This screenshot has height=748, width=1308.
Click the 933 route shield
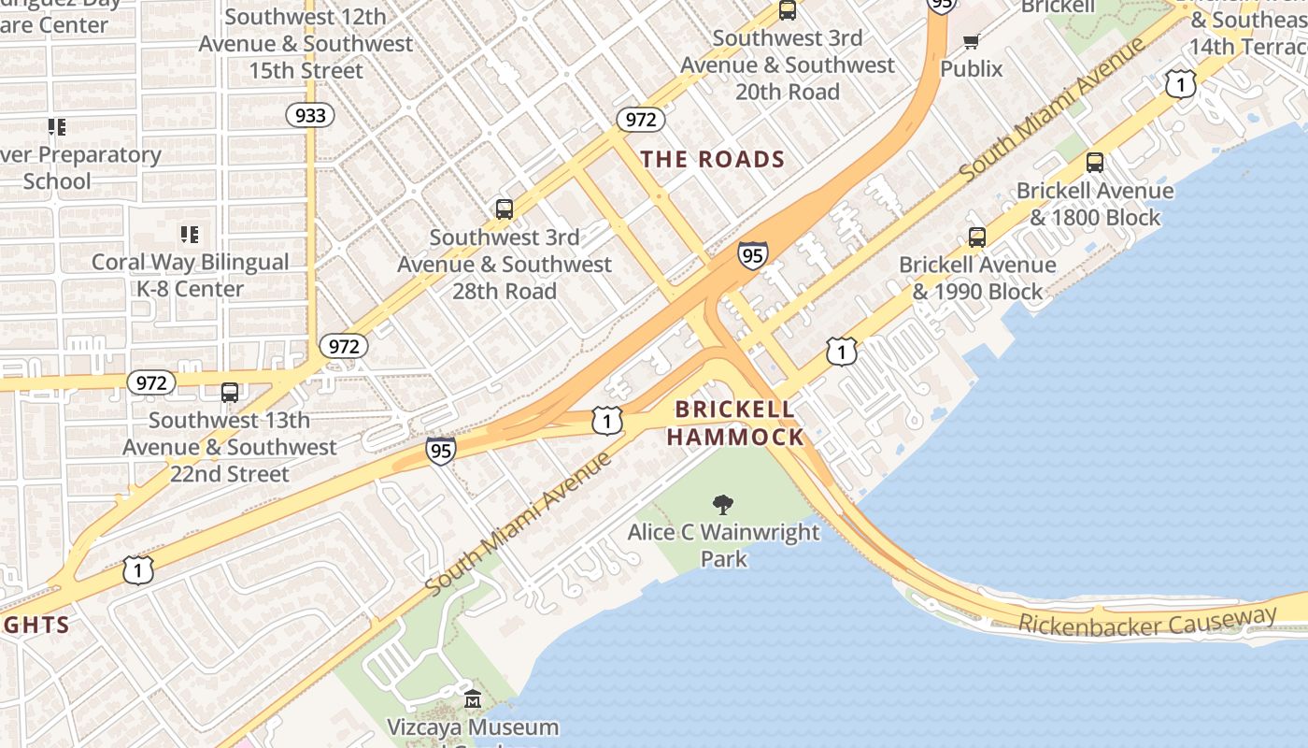310,115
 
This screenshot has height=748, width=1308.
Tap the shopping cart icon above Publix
971,42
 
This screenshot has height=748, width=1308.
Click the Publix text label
971,68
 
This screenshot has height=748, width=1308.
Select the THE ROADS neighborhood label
712,159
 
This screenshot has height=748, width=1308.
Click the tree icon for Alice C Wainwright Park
722,506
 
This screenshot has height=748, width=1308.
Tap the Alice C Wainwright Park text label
724,545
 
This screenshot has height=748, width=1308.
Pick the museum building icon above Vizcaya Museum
473,699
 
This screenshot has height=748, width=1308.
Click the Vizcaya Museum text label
473,726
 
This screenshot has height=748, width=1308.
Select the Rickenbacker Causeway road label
1147,622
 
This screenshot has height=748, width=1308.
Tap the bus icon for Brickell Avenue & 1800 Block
1094,163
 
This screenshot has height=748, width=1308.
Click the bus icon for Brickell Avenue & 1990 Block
976,237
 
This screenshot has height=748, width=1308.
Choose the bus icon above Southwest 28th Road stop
505,209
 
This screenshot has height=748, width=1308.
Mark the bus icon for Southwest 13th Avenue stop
230,393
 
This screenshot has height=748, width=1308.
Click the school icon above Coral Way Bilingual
190,235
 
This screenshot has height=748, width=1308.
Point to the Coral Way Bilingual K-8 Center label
190,276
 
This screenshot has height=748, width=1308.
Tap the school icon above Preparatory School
57,127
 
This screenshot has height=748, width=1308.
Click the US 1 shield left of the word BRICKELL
607,422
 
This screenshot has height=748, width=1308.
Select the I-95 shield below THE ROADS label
752,254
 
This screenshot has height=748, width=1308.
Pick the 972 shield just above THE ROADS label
640,120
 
